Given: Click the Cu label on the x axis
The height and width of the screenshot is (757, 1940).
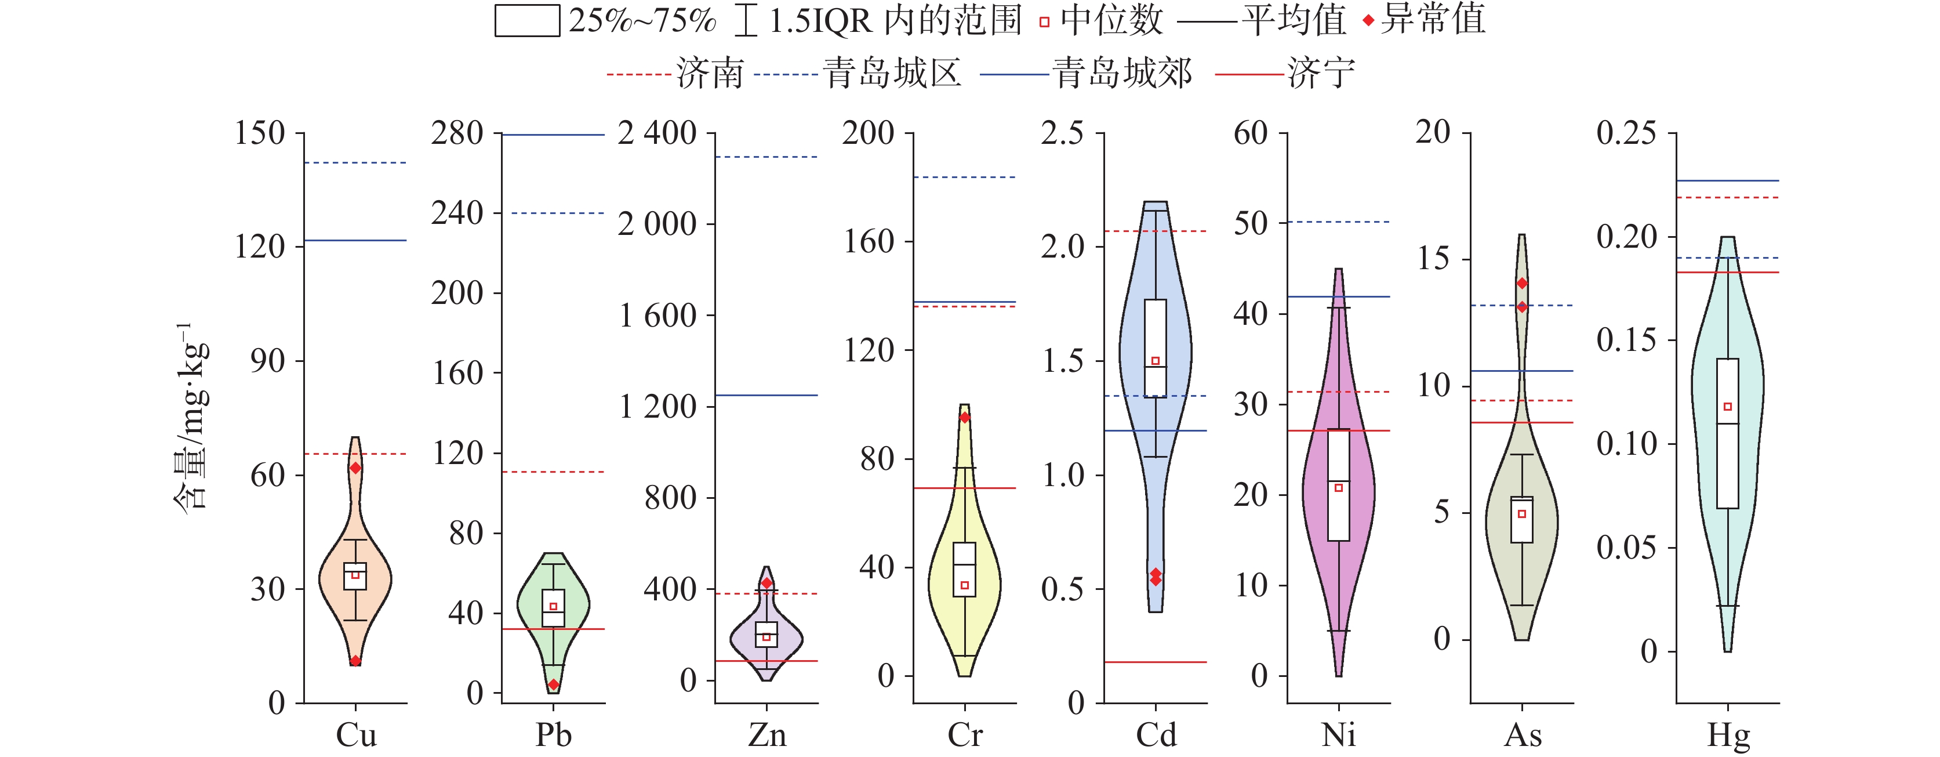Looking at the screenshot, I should click(x=356, y=735).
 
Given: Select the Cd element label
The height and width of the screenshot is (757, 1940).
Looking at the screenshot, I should click(x=1156, y=735).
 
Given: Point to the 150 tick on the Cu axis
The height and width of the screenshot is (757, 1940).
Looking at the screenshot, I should click(x=260, y=133).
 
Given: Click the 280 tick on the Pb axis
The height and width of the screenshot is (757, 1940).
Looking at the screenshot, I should click(x=457, y=133).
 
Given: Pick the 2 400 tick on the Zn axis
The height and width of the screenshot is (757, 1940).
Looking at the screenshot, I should click(x=657, y=133).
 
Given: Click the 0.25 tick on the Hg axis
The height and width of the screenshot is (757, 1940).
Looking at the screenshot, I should click(x=1627, y=133).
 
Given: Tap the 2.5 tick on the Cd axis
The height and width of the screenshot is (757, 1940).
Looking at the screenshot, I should click(x=1063, y=133).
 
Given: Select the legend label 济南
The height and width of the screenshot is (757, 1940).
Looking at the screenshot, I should click(x=710, y=74).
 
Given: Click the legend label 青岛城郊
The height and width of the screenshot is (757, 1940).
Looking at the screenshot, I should click(x=1122, y=74).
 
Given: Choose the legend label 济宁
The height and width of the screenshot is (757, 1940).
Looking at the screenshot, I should click(x=1321, y=74).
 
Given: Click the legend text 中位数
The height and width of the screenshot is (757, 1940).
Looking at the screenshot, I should click(x=1111, y=20).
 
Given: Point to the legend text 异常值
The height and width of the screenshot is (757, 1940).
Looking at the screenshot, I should click(x=1433, y=20).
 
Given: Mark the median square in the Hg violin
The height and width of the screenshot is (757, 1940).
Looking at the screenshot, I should click(x=1728, y=407).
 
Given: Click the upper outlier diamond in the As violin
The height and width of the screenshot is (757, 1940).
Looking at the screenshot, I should click(x=1522, y=283).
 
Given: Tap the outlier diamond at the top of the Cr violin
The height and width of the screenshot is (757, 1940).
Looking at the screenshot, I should click(x=965, y=417).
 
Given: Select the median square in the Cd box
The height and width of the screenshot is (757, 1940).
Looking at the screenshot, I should click(x=1156, y=361).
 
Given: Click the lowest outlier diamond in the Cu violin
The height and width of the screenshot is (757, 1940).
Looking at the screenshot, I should click(x=355, y=661).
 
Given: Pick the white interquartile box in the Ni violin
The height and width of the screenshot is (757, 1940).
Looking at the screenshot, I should click(x=1338, y=485).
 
